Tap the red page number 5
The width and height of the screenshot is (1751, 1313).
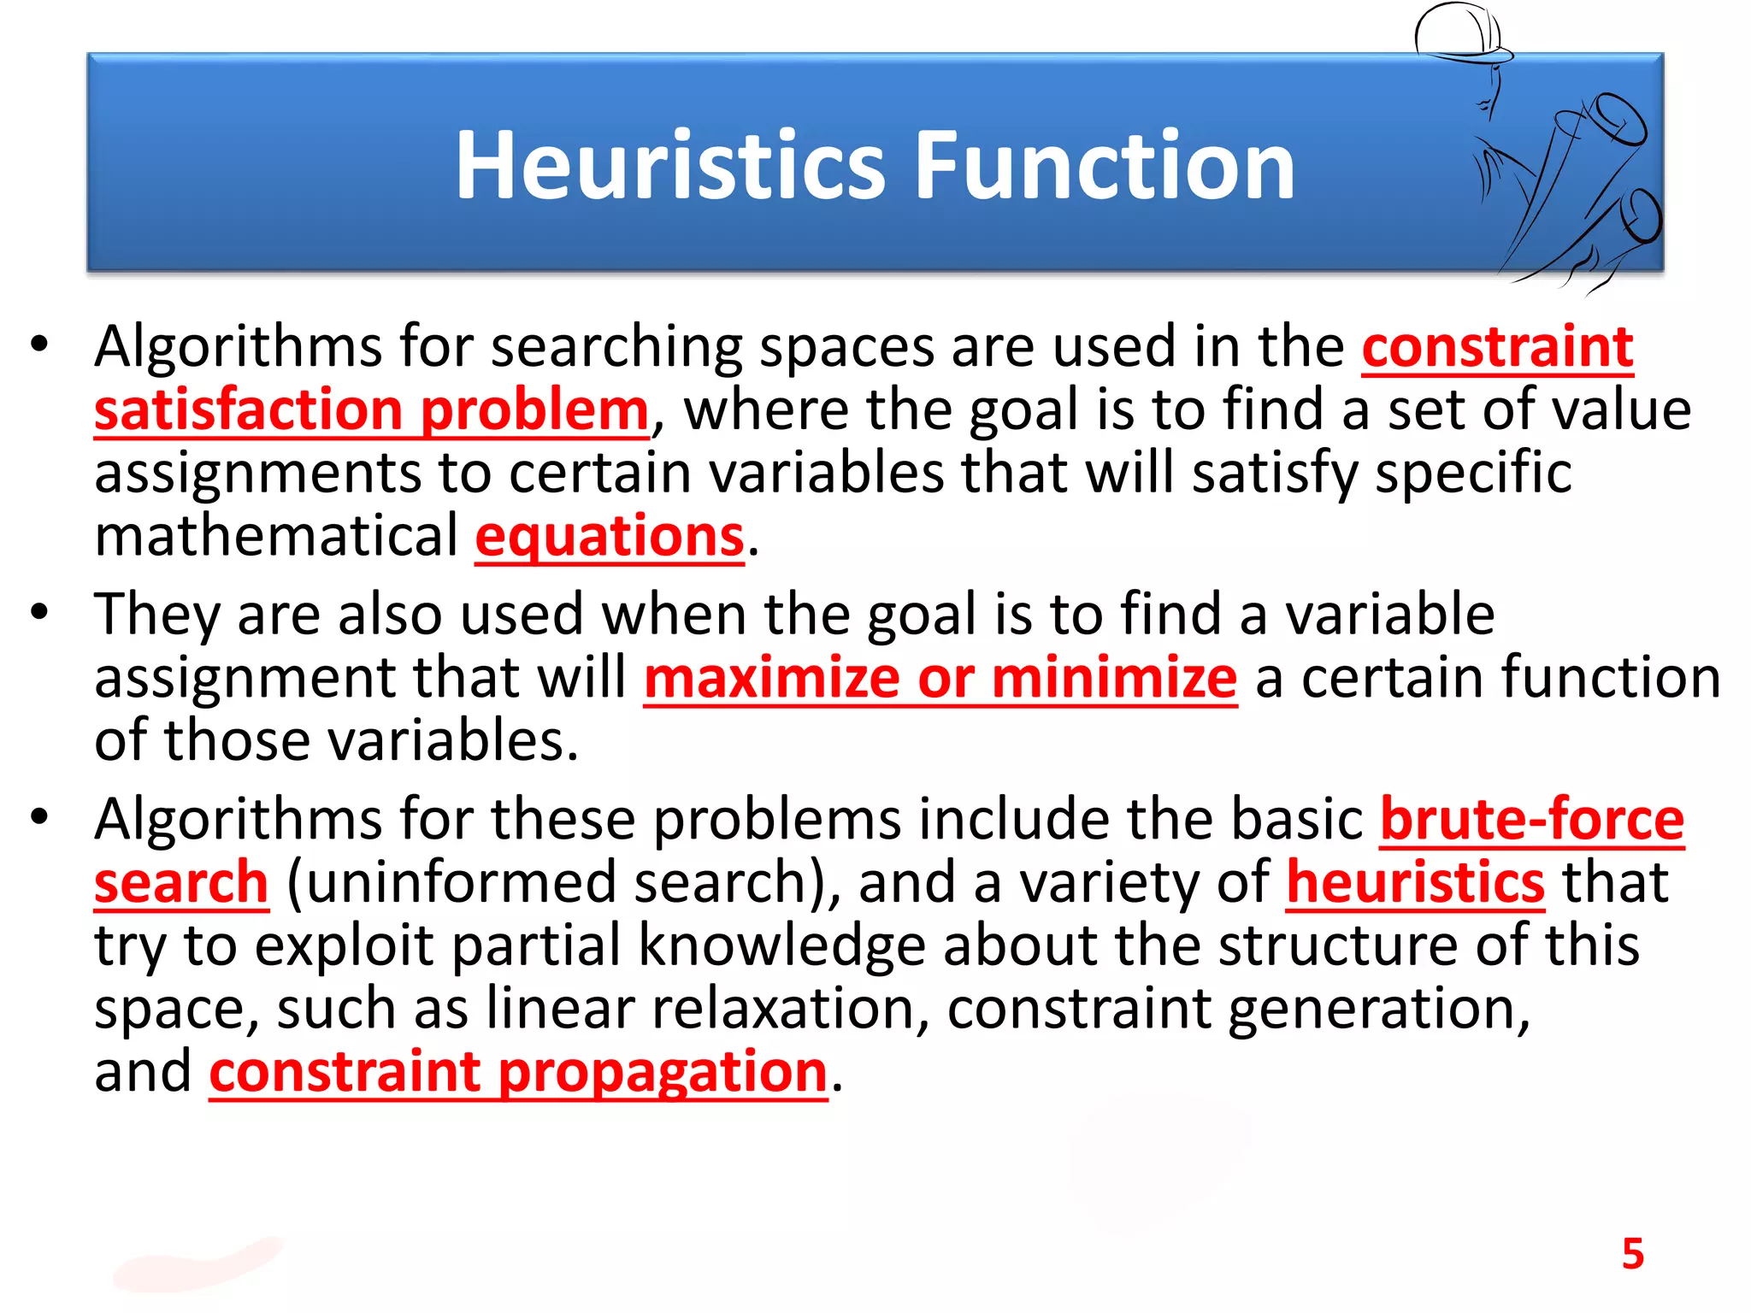point(1632,1254)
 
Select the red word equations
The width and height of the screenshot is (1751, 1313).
point(610,538)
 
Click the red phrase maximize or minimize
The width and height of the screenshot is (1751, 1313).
point(940,678)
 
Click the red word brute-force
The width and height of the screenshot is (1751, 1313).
point(1531,820)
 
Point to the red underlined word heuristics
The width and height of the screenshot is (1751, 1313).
point(1415,883)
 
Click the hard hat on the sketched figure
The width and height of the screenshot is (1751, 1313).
point(1458,32)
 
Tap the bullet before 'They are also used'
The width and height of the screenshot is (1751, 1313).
point(39,612)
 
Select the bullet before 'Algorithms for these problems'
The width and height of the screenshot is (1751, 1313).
point(39,817)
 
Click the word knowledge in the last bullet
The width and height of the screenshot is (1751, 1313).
point(781,946)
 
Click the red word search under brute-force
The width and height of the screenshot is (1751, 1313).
point(181,883)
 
